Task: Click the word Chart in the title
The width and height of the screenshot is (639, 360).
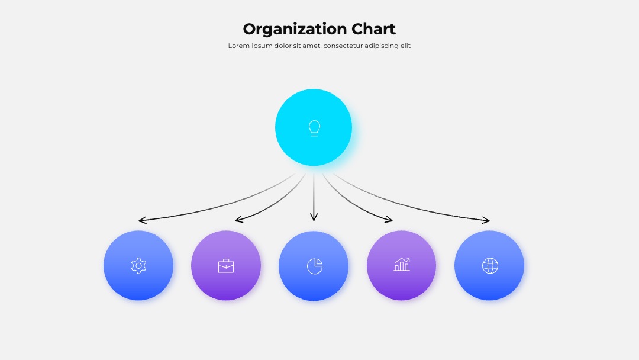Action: click(373, 29)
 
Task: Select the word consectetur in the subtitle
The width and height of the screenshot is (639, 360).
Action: click(343, 46)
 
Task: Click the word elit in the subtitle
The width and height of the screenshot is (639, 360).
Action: click(405, 46)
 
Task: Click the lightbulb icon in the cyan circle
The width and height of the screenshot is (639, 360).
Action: click(314, 128)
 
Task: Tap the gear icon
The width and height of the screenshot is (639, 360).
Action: click(138, 266)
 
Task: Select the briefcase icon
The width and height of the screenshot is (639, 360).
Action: click(226, 266)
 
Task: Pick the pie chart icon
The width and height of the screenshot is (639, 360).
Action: click(315, 266)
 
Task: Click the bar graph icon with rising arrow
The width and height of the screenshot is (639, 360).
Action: click(402, 264)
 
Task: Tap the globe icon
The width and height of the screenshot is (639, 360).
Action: click(490, 266)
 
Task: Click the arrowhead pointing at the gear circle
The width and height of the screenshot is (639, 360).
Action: click(142, 220)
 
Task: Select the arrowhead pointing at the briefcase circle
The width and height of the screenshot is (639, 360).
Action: click(239, 219)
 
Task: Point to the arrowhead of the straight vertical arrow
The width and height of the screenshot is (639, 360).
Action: click(314, 217)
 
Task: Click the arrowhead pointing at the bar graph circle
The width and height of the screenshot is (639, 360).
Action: click(389, 219)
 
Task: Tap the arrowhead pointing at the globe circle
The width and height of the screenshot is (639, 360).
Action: click(486, 220)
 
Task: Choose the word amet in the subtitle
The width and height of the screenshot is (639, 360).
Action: click(311, 46)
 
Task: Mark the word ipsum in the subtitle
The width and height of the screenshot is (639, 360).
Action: click(262, 46)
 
